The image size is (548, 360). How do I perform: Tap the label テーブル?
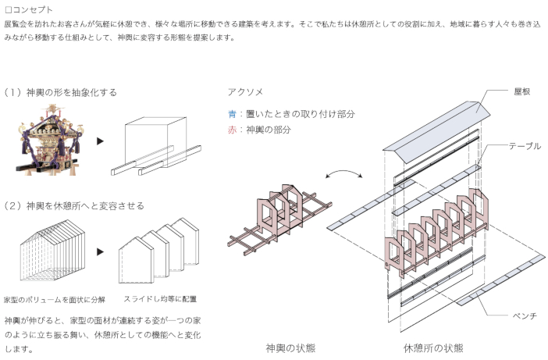525,146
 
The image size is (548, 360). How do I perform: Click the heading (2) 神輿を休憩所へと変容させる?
73,205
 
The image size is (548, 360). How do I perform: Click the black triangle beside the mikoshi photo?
100,141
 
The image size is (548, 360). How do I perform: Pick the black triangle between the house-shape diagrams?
100,252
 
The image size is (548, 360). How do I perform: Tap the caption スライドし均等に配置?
159,299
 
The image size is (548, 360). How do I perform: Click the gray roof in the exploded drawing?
437,129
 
